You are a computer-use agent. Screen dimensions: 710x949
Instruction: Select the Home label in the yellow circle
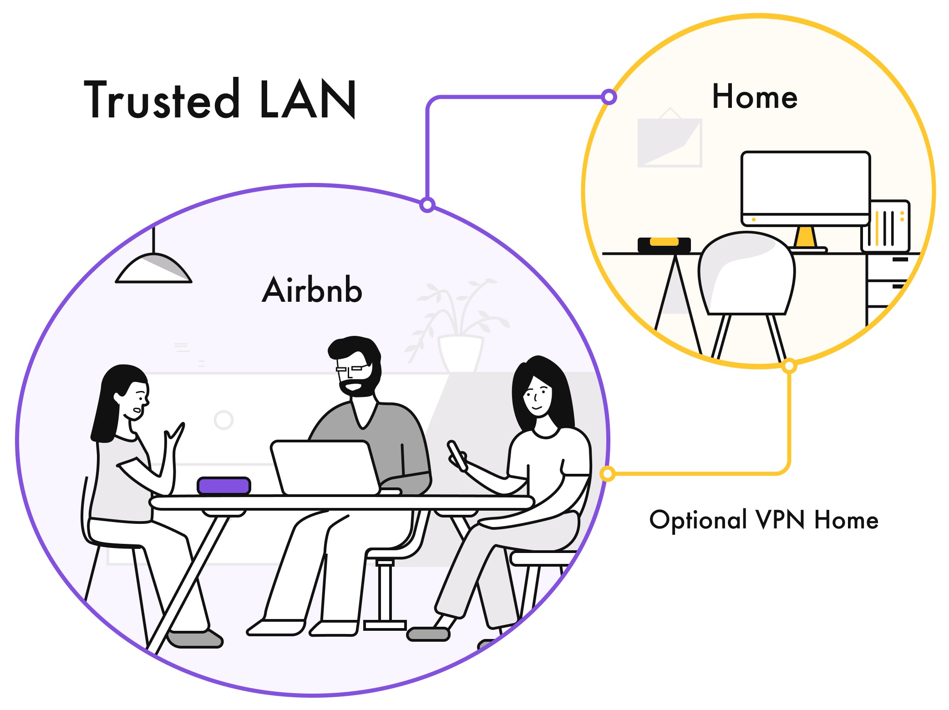click(x=755, y=97)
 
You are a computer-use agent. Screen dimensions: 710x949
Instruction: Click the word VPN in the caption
click(x=780, y=520)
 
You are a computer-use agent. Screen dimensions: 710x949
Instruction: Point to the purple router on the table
click(x=224, y=486)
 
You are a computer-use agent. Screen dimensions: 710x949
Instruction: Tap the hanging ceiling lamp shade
click(x=154, y=269)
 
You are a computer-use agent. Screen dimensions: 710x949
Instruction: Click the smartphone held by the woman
click(x=457, y=455)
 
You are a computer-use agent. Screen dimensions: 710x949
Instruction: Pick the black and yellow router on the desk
click(x=664, y=244)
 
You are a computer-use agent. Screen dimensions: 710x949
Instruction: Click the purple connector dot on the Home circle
click(x=609, y=97)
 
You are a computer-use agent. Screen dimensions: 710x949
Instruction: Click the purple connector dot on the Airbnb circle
click(x=427, y=205)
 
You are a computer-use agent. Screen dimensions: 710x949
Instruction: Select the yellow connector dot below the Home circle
click(x=789, y=366)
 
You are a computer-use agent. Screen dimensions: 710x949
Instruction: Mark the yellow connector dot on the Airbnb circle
click(x=607, y=474)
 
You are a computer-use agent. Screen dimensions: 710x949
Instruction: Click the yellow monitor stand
click(x=805, y=237)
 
